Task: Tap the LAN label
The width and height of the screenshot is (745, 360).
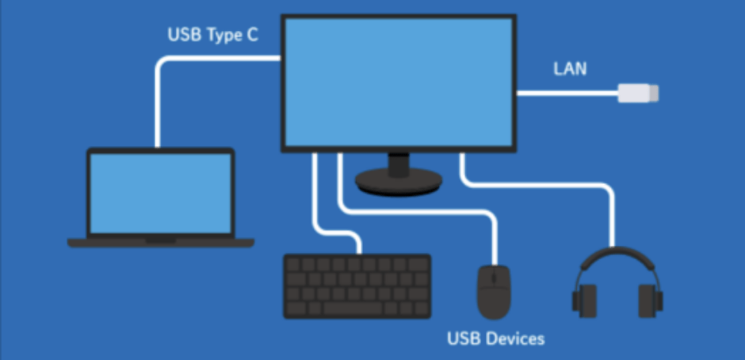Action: pyautogui.click(x=570, y=69)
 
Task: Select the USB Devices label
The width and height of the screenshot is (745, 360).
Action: pyautogui.click(x=495, y=339)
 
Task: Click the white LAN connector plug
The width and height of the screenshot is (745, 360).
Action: pyautogui.click(x=638, y=94)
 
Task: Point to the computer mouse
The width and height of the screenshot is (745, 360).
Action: pyautogui.click(x=494, y=291)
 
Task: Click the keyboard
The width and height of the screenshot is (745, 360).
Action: pyautogui.click(x=357, y=285)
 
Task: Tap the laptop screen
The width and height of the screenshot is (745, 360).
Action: pyautogui.click(x=160, y=193)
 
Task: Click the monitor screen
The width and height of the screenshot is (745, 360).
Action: pyautogui.click(x=399, y=82)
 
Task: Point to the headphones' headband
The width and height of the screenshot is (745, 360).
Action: pyautogui.click(x=617, y=255)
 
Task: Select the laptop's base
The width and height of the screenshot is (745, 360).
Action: pyautogui.click(x=160, y=242)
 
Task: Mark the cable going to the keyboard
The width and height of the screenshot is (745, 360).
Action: pyautogui.click(x=316, y=206)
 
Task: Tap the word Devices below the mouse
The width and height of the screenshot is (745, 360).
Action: pyautogui.click(x=514, y=339)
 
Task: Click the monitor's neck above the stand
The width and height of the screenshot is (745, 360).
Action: pyautogui.click(x=399, y=164)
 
